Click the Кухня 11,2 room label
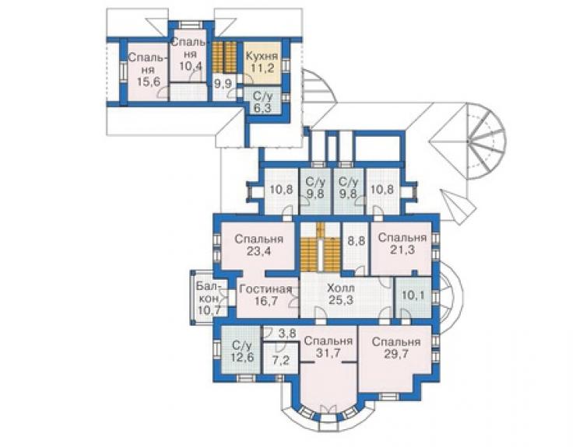(x=262, y=62)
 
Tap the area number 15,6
(x=149, y=81)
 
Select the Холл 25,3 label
(x=341, y=294)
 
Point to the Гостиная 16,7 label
(x=265, y=295)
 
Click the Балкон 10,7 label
(x=209, y=298)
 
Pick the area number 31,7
(x=328, y=353)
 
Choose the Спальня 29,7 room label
(x=396, y=347)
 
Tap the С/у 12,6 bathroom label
(x=242, y=351)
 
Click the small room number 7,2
(x=281, y=360)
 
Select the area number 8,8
(x=356, y=240)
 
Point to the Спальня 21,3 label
(x=402, y=243)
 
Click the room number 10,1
(x=413, y=295)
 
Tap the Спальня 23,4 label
(x=259, y=245)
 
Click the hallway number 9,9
(x=223, y=84)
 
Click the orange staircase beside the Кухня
(x=225, y=57)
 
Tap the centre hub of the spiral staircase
(x=469, y=141)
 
